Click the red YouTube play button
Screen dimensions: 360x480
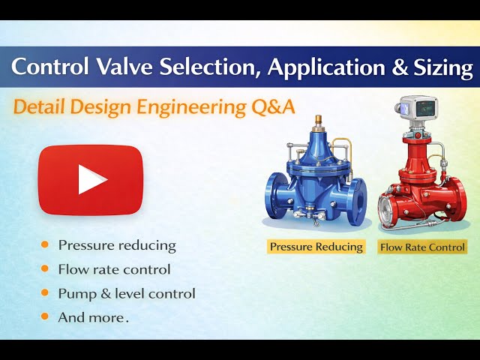click(x=90, y=179)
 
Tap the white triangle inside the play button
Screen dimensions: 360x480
click(x=92, y=180)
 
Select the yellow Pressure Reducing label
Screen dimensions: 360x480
click(x=316, y=246)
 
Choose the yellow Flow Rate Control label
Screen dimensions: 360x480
click(x=422, y=247)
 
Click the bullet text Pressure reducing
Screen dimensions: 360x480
click(x=117, y=245)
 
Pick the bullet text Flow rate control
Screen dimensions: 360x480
click(x=114, y=269)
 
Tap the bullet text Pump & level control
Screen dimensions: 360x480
click(x=127, y=293)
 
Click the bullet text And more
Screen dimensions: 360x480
click(x=93, y=317)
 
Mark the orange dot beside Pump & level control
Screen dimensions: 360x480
click(x=46, y=292)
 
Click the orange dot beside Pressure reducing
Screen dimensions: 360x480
click(x=46, y=244)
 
